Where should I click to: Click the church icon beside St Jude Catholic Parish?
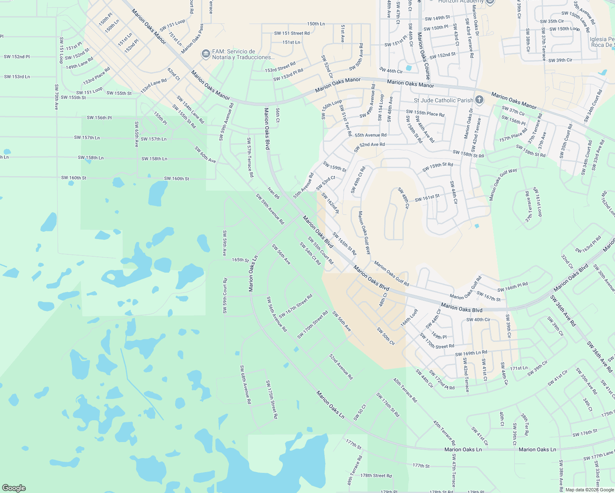(479, 100)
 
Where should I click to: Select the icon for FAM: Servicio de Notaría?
(206, 54)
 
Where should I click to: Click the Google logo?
(14, 488)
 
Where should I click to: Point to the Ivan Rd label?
(273, 193)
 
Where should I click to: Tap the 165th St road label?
(240, 260)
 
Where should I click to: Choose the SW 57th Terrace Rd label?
(250, 157)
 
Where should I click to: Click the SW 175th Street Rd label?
(272, 399)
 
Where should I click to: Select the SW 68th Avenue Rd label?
(245, 385)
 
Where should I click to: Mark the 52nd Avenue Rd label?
(341, 367)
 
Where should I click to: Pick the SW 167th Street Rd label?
(296, 306)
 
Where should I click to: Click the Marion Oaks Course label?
(424, 56)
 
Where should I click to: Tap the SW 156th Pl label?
(99, 118)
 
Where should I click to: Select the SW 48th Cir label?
(403, 198)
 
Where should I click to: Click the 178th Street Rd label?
(376, 475)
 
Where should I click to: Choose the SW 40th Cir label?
(478, 320)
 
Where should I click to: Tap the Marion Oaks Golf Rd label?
(391, 274)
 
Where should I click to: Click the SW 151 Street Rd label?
(292, 33)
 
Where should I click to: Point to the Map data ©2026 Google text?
(589, 489)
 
